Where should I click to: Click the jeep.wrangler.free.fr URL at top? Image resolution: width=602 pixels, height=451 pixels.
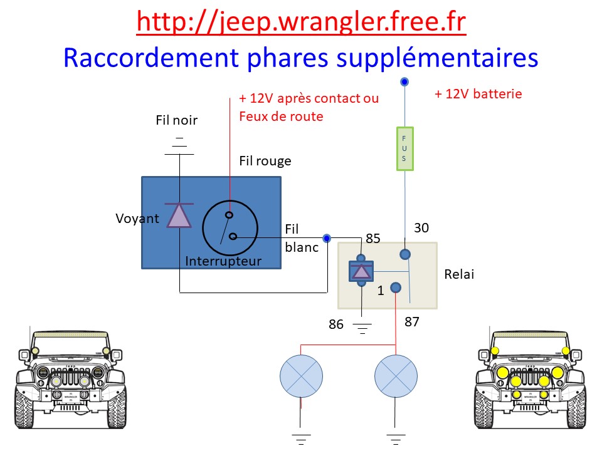point(302,23)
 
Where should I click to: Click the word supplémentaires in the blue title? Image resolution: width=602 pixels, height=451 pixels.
point(437,58)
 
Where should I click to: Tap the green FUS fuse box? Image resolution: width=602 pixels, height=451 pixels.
point(404,149)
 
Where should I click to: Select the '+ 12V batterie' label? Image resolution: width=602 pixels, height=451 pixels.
point(478,94)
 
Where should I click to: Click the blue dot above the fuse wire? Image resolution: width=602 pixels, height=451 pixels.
point(404,81)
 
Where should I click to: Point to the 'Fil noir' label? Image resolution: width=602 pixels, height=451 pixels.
point(177,120)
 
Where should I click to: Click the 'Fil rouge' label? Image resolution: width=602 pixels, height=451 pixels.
point(265,161)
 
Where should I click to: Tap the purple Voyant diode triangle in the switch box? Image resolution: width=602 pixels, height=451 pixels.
point(179,215)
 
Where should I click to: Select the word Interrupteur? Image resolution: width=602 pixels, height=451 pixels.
point(223,261)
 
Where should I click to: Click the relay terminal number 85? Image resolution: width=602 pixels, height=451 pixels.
point(372,239)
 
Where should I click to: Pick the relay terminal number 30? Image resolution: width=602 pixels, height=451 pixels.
point(421,228)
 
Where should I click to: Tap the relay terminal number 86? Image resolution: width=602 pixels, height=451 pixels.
point(336,324)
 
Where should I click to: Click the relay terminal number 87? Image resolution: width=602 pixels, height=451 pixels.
point(412,322)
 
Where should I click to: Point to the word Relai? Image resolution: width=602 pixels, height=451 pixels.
point(459,274)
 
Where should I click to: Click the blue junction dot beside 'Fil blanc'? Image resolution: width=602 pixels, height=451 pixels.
point(327,239)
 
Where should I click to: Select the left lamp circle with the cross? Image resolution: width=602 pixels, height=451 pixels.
point(302,376)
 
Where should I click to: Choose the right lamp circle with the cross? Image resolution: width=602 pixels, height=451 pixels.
point(396,376)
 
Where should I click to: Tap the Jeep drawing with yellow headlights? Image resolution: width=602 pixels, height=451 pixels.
point(531,378)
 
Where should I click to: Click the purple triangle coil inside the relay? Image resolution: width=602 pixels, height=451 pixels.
point(361,271)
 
